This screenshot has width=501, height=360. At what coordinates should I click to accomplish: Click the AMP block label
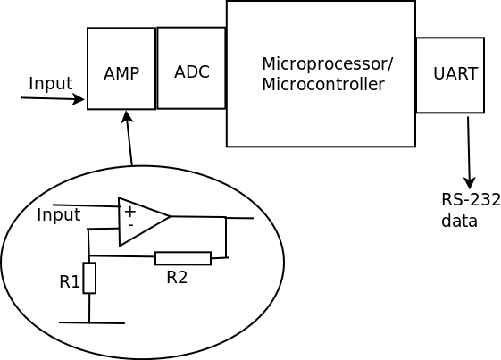click(121, 73)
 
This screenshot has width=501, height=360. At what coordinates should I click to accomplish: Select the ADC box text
click(192, 72)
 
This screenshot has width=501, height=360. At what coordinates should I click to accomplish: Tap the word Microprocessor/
click(327, 64)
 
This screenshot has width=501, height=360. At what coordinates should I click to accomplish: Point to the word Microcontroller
click(323, 84)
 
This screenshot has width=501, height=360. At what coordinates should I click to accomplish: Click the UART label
click(455, 73)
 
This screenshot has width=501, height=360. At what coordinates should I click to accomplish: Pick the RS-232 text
click(471, 200)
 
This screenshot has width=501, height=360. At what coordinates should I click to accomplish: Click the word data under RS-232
click(459, 221)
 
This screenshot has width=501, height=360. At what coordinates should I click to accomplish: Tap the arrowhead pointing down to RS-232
click(469, 183)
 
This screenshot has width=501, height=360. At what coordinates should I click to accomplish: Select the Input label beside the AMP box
click(51, 84)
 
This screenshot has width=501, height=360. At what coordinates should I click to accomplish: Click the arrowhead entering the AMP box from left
click(79, 99)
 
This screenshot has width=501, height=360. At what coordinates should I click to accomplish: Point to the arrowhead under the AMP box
click(127, 117)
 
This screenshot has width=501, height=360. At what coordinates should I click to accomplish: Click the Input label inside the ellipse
click(58, 215)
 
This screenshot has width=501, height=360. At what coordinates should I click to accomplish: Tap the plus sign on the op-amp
click(130, 212)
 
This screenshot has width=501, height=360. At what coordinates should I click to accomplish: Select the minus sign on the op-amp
click(130, 225)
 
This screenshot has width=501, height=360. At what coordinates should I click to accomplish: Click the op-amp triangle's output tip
click(170, 216)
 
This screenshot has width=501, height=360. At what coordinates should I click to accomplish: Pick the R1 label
click(70, 281)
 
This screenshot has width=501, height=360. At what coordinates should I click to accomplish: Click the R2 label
click(177, 277)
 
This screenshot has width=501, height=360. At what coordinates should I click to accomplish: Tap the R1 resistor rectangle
click(89, 278)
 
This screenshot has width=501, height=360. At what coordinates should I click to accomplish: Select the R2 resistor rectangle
click(183, 258)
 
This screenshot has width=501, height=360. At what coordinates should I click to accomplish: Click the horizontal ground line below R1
click(92, 322)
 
